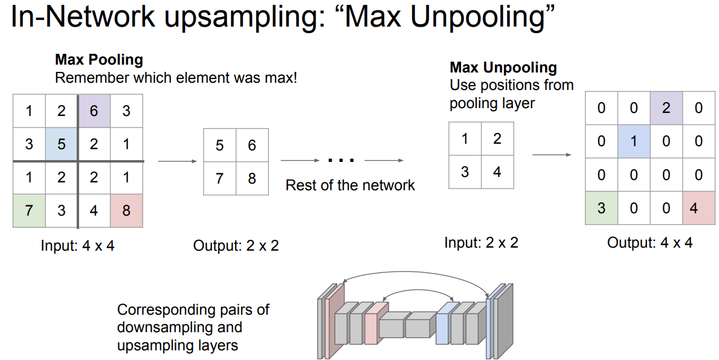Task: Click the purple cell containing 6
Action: (x=93, y=111)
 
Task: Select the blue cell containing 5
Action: (x=61, y=145)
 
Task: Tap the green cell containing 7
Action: (x=29, y=211)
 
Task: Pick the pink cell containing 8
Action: (x=126, y=211)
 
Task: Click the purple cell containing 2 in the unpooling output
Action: (x=666, y=109)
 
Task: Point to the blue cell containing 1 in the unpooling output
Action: (x=634, y=141)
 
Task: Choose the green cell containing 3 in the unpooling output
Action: (x=601, y=208)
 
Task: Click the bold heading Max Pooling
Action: (x=99, y=60)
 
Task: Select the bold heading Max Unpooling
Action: (x=503, y=68)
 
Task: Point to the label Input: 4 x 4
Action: (x=77, y=246)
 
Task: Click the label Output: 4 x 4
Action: (x=650, y=243)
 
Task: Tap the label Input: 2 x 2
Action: (x=481, y=243)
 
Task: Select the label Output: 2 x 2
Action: (x=236, y=246)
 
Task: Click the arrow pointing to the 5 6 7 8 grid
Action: (x=178, y=161)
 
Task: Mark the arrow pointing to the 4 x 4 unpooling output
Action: (x=551, y=155)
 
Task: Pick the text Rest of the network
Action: (x=350, y=185)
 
